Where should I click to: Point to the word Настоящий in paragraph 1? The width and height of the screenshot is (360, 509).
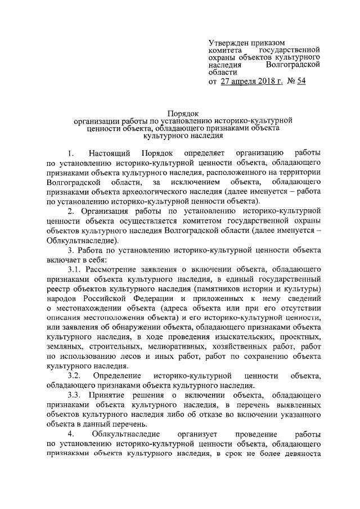110,154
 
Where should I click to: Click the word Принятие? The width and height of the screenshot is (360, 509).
107,395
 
